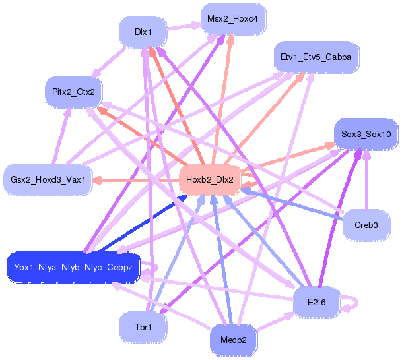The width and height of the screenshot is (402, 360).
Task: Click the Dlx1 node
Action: (x=143, y=32)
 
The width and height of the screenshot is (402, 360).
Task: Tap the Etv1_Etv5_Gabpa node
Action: (x=316, y=57)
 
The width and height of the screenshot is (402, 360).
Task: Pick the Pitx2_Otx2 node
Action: (x=73, y=91)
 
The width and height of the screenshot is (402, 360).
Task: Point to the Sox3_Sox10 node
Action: (x=366, y=135)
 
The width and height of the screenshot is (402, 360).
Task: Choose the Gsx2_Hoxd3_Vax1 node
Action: (x=48, y=179)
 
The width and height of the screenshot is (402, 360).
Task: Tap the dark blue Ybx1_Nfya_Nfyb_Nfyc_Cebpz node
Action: (x=73, y=268)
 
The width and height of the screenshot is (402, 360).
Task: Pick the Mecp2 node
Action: (x=232, y=340)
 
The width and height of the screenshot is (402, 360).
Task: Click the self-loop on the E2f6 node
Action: (x=353, y=303)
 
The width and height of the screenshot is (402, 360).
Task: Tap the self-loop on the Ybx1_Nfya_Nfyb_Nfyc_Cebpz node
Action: (x=152, y=268)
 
